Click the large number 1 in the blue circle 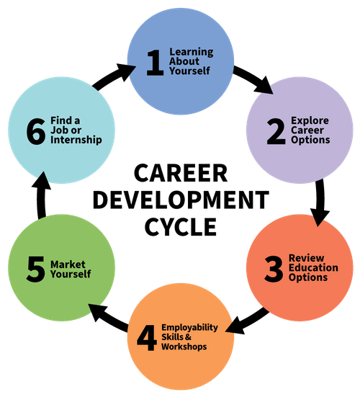(x=155, y=63)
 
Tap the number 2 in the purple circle (x=276, y=131)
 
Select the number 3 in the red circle (x=274, y=269)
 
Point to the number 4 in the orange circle (x=147, y=338)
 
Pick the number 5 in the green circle (x=35, y=269)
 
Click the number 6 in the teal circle (x=36, y=131)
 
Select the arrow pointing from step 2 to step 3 (x=320, y=202)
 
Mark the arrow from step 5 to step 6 (x=41, y=195)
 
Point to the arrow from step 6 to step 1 (x=114, y=76)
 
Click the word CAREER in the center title (x=181, y=173)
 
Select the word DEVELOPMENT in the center (x=181, y=200)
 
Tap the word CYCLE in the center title (x=181, y=227)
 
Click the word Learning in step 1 (x=192, y=52)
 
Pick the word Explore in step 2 (x=310, y=121)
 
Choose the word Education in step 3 (x=313, y=267)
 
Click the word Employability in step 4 (x=190, y=328)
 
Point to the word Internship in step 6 (x=76, y=140)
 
